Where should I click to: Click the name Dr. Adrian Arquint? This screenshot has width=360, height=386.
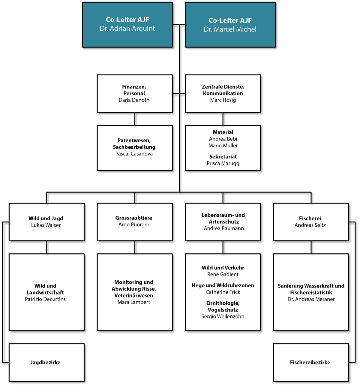[127, 29]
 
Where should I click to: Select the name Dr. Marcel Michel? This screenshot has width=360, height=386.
[230, 29]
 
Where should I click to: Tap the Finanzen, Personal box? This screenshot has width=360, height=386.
[134, 94]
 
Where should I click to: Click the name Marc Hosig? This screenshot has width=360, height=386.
[223, 100]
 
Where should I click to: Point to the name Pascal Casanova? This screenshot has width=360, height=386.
[134, 154]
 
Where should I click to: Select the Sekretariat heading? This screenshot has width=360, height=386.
[223, 157]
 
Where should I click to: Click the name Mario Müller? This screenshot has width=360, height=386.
[223, 146]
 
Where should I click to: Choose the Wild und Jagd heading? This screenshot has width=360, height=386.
[46, 219]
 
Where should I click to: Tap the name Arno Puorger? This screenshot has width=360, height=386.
[134, 225]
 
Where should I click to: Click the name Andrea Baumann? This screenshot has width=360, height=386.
[223, 228]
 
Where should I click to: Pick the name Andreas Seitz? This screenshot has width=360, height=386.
[310, 225]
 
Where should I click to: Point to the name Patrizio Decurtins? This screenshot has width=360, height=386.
[45, 299]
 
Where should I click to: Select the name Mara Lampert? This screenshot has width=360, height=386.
[134, 302]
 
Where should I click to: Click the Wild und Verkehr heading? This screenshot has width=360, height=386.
[223, 268]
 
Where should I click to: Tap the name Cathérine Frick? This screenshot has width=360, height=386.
[223, 292]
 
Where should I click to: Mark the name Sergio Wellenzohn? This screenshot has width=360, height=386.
[223, 317]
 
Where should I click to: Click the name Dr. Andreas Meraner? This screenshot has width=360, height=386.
[311, 299]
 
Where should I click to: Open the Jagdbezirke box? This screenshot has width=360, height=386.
[46, 363]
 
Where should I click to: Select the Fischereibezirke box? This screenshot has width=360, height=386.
[311, 363]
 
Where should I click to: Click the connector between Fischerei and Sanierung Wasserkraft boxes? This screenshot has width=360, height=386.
[311, 247]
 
